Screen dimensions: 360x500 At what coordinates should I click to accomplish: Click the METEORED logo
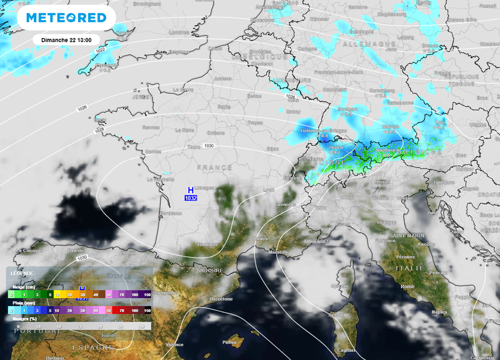[x=66, y=18]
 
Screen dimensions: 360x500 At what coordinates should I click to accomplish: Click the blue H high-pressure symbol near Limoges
[x=191, y=190]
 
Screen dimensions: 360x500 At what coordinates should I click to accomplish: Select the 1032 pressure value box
[x=191, y=198]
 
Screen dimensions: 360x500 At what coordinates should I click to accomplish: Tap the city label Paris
[x=224, y=107]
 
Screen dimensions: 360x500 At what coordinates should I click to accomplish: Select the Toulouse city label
[x=207, y=244]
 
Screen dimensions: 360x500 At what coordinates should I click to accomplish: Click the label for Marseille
[x=279, y=252]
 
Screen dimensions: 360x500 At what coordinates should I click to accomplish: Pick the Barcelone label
[x=221, y=299]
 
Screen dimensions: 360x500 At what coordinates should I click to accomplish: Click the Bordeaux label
[x=171, y=213]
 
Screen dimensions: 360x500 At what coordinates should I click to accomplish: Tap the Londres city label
[x=179, y=32]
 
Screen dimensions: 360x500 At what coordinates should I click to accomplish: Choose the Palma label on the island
[x=229, y=342]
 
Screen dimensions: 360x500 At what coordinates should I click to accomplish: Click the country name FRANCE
[x=214, y=167]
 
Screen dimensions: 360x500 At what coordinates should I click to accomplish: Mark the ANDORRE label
[x=209, y=270]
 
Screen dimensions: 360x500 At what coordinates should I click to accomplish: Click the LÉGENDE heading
[x=22, y=273]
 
